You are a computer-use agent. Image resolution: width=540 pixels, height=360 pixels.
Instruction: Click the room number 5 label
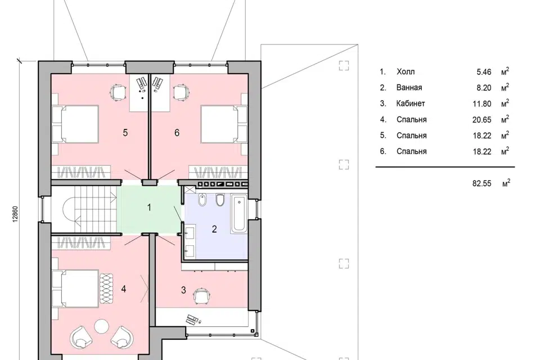(125, 133)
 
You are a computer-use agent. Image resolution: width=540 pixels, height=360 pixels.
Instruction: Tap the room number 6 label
(177, 133)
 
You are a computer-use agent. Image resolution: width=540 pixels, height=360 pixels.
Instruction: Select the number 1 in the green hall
(149, 208)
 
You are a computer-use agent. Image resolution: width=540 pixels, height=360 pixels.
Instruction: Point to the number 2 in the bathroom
(214, 229)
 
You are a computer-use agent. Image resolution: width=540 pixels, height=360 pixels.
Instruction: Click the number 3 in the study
(183, 290)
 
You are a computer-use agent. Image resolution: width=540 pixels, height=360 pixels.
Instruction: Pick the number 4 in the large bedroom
(124, 289)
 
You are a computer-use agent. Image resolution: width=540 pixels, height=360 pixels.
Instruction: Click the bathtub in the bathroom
(239, 214)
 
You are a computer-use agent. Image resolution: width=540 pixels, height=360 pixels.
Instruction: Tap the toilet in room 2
(220, 200)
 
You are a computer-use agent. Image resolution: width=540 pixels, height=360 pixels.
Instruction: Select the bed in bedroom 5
(75, 124)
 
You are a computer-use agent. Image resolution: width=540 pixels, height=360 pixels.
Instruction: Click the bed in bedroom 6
(224, 124)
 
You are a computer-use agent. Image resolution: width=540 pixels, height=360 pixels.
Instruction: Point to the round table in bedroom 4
(102, 326)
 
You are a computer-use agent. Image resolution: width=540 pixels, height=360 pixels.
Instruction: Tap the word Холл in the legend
(406, 72)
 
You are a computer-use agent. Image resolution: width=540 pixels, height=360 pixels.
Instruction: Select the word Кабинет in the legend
(411, 103)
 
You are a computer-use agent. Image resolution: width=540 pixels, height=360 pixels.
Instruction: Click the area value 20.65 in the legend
(482, 120)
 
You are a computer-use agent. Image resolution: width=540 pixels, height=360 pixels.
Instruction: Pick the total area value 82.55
(482, 183)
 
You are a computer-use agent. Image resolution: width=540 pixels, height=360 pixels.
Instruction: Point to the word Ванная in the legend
(409, 88)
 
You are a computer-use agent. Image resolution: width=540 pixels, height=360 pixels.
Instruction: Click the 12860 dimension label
(15, 215)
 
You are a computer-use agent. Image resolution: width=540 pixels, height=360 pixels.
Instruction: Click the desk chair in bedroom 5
(118, 92)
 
